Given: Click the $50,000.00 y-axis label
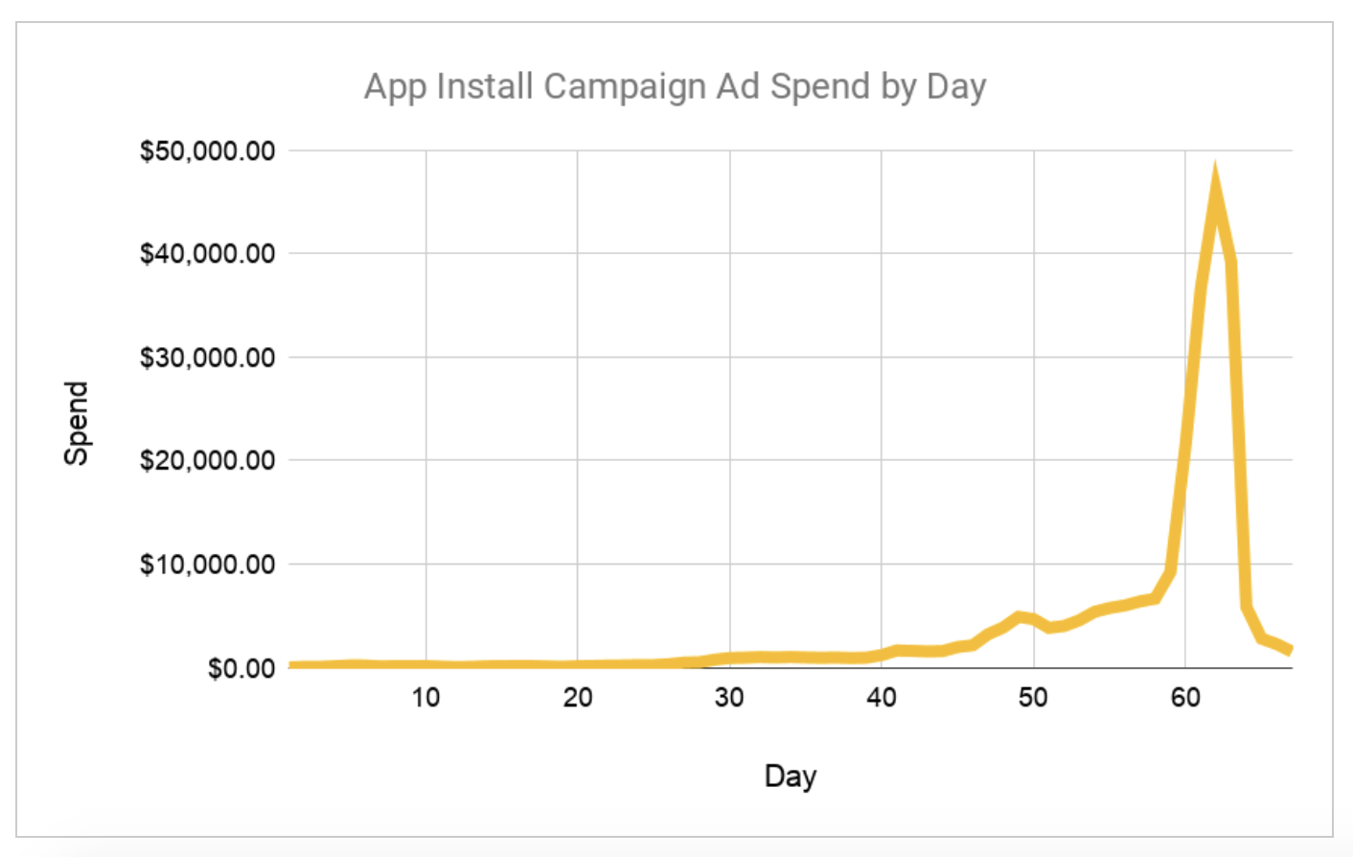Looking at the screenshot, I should point(207,151).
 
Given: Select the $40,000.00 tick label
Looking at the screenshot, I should point(207,254).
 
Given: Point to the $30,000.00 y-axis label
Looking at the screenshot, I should point(207,358).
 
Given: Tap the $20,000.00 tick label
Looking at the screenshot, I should point(207,460).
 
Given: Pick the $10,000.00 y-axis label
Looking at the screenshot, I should point(207,564).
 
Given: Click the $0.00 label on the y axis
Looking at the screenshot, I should point(241,668).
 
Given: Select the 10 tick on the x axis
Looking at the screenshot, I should point(425,698).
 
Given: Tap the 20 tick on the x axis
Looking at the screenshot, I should point(577,698).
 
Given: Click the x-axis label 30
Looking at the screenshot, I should point(729,698).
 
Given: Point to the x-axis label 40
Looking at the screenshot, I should point(881,698).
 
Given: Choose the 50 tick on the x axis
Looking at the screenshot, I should point(1033,698).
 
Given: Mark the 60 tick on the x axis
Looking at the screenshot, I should point(1185,698).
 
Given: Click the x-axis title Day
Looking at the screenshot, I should point(790,776).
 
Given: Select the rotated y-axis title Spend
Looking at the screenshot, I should point(76,423).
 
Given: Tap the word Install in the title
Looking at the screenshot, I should point(485,86).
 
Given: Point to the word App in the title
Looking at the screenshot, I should point(395,87).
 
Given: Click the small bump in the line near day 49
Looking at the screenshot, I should point(1020,617).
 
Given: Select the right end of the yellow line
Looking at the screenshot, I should point(1290,650).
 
